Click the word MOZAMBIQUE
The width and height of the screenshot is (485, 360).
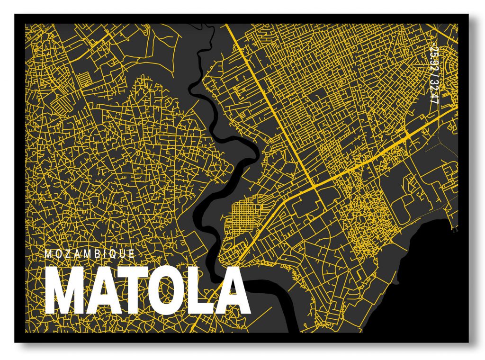pyautogui.click(x=90, y=254)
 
